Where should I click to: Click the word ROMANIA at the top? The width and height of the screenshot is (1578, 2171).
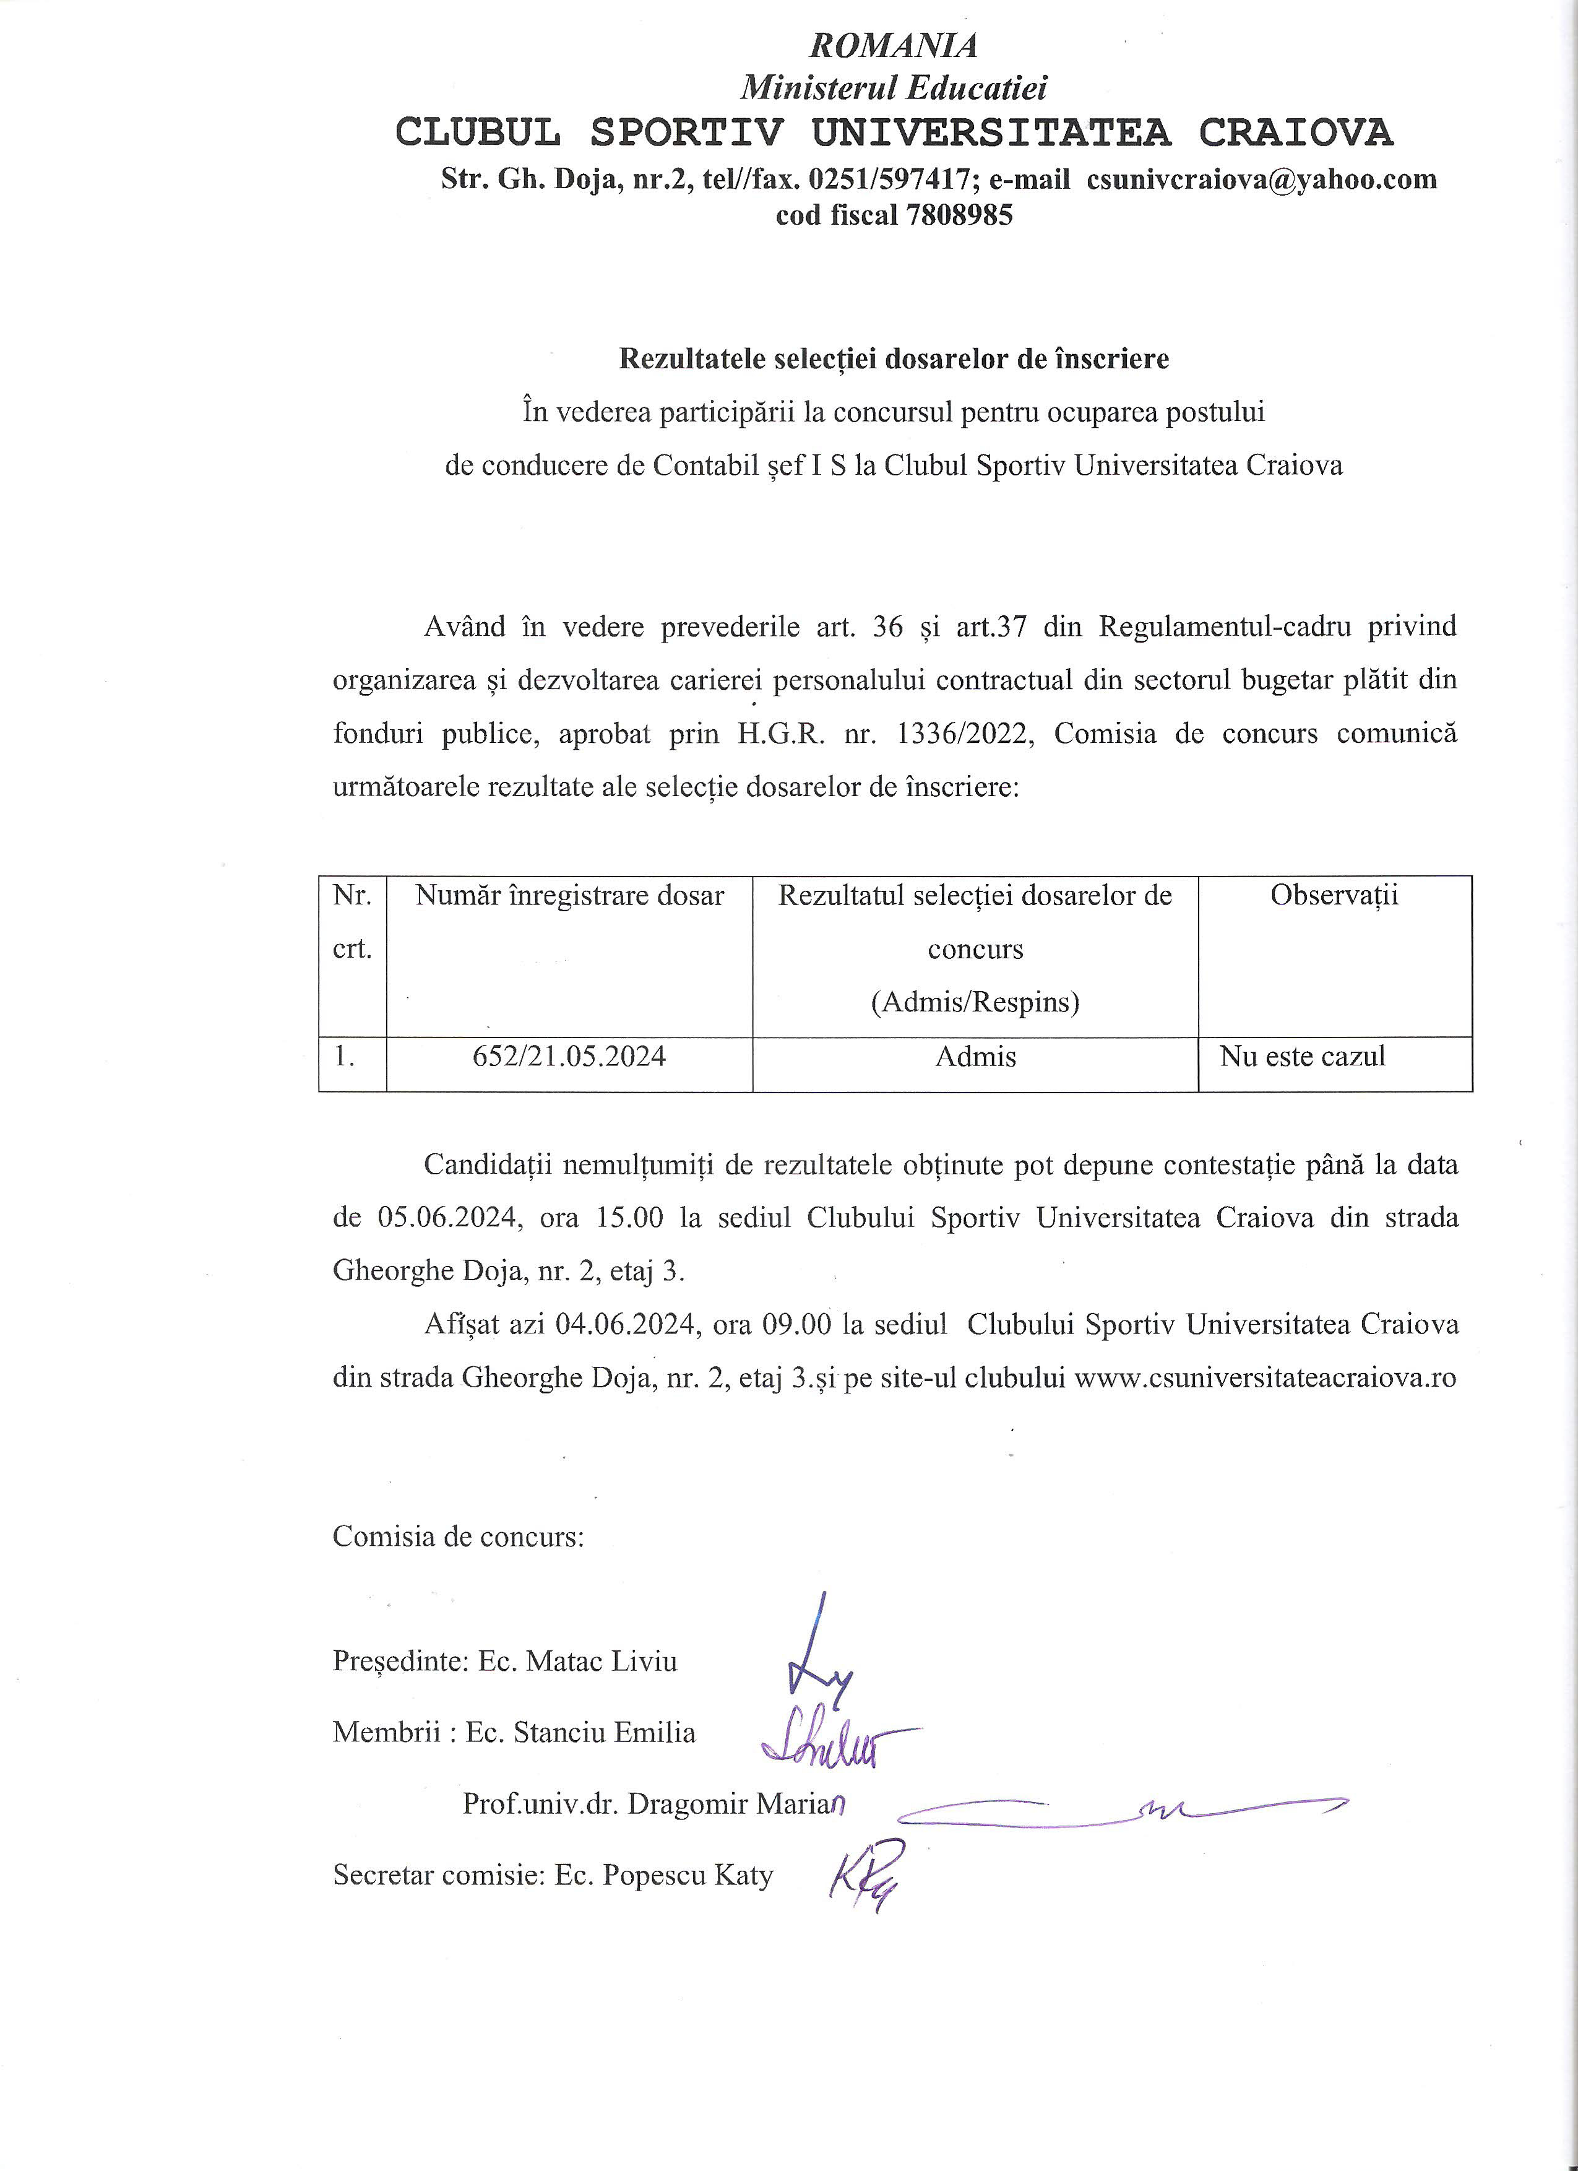click(893, 45)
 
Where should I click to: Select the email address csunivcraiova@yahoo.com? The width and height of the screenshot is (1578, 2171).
click(1261, 179)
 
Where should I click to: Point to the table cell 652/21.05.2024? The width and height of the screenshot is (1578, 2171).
click(569, 1057)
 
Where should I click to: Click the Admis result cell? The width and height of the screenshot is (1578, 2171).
click(975, 1057)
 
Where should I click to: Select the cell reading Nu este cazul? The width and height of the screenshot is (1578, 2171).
click(1303, 1057)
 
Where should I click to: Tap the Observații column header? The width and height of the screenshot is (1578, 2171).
click(1334, 896)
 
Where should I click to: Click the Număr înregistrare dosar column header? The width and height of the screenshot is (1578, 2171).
click(569, 896)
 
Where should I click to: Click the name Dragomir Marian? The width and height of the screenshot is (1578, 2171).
click(737, 1805)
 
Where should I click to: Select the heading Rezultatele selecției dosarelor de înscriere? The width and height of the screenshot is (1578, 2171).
click(894, 359)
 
